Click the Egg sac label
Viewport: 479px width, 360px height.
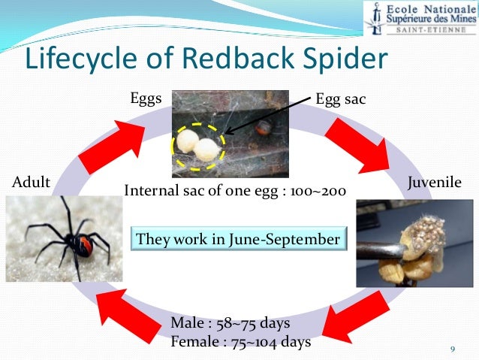coord(341,98)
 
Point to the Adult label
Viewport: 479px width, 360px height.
coord(32,182)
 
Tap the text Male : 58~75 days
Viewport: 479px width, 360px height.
coord(230,324)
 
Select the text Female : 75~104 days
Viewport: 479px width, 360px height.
coord(240,342)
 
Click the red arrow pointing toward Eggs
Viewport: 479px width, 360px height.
coord(113,144)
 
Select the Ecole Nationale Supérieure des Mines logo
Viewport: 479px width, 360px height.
coord(420,18)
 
